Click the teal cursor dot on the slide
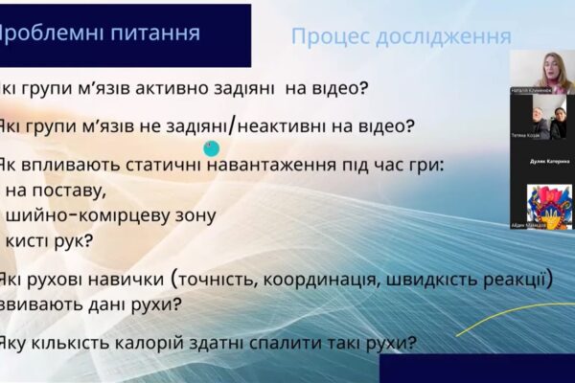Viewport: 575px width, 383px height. (x=212, y=147)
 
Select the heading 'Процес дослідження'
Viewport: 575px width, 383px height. (x=401, y=37)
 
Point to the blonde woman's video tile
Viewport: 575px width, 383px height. (x=541, y=72)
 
